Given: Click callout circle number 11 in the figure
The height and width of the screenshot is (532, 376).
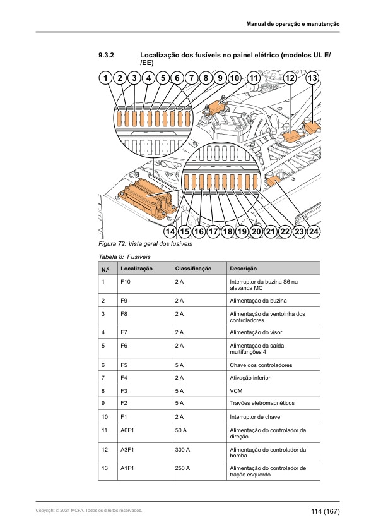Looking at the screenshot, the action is [x=254, y=78].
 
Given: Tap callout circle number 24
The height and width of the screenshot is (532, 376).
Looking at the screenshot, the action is [x=314, y=231].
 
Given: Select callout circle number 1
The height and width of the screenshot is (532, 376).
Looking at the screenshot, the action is [x=105, y=78].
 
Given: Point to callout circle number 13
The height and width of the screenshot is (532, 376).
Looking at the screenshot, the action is [x=312, y=78].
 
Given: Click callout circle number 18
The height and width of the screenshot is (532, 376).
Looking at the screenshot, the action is [x=227, y=231].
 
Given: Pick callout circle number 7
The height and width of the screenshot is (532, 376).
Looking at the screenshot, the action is [x=191, y=78].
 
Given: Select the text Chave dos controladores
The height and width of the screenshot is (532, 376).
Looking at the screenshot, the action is [x=261, y=365].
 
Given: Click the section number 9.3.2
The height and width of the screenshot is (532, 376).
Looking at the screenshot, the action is [x=106, y=55].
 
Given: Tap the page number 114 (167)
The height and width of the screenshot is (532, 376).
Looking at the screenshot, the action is [x=325, y=511].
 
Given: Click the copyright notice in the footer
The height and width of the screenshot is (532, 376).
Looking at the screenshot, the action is [x=89, y=511].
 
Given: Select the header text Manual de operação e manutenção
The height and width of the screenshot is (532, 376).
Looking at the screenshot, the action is [x=293, y=24].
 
